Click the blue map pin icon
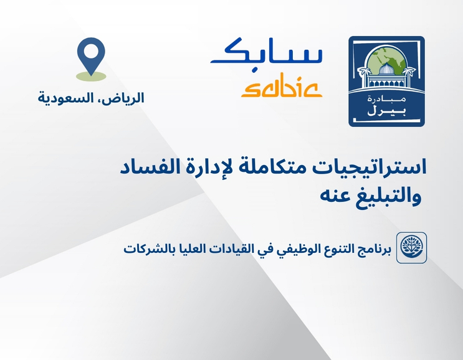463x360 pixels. point(91,57)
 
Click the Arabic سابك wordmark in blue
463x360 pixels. point(267,54)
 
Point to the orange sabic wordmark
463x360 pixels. point(281,87)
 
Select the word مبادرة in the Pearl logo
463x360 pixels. point(386,100)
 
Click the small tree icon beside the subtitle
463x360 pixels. point(412,248)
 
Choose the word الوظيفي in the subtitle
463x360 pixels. point(280,248)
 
